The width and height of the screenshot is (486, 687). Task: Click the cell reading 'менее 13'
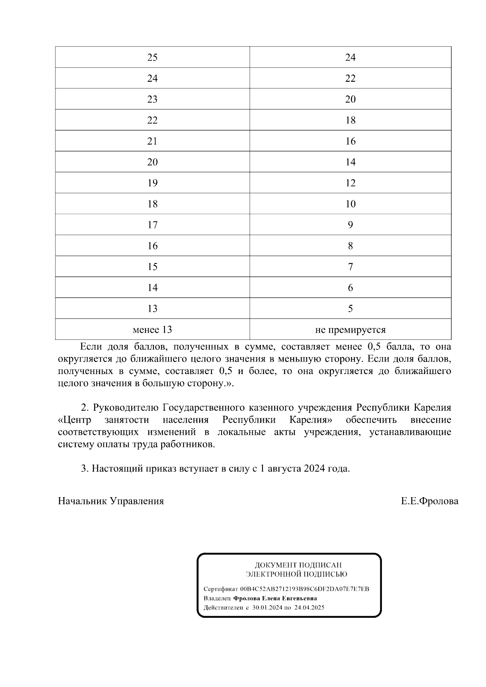152,330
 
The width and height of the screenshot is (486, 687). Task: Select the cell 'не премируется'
350,330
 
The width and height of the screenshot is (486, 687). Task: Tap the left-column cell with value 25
152,57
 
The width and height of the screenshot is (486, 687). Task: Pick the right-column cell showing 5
350,308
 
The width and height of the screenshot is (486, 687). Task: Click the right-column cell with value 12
350,183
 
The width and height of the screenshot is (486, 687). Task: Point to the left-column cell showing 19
152,183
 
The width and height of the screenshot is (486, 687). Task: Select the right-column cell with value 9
350,225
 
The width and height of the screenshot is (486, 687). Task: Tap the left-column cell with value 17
152,225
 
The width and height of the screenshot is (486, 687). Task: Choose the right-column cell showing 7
350,267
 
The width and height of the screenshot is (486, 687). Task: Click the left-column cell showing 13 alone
152,308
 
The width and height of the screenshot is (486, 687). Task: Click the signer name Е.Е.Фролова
430,501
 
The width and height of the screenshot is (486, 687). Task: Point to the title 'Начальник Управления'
111,501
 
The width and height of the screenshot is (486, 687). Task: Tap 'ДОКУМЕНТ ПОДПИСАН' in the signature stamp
298,565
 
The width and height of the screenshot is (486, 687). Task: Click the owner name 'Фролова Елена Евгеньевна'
275,598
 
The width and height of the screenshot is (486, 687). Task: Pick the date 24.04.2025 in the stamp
309,608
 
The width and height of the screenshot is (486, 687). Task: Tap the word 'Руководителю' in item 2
126,407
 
